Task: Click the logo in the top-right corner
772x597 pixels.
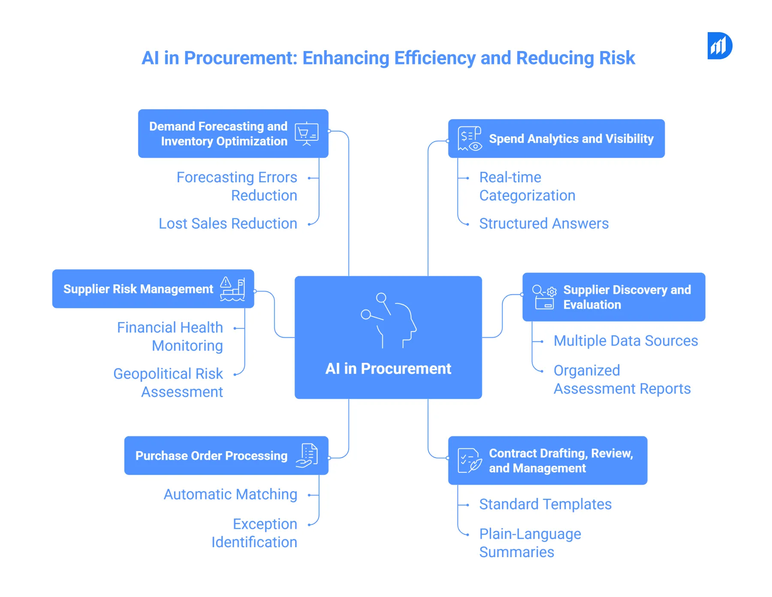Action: tap(719, 46)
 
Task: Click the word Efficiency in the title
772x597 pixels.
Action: tap(434, 58)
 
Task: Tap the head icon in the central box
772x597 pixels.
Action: tap(389, 320)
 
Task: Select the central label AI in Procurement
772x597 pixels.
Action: tap(388, 369)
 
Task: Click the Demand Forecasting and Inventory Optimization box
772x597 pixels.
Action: tap(219, 133)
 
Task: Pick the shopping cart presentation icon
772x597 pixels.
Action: tap(306, 134)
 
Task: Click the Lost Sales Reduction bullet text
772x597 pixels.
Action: tap(228, 224)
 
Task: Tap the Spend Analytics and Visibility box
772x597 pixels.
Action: tap(571, 139)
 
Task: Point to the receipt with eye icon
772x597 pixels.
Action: tap(470, 139)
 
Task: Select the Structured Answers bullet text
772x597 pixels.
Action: tap(544, 224)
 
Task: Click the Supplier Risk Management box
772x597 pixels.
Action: tap(138, 289)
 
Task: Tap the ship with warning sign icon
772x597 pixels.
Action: tap(232, 289)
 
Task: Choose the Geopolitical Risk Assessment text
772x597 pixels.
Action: tap(168, 383)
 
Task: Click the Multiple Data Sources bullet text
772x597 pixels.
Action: tap(626, 341)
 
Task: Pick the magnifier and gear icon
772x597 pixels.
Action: tap(544, 297)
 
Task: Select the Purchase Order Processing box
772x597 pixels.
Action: tap(211, 456)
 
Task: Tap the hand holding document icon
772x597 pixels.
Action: tap(307, 455)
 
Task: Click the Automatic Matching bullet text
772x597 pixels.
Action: tap(230, 494)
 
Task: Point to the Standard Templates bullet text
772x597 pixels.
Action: tap(545, 504)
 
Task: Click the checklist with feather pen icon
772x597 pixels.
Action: tap(470, 461)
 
